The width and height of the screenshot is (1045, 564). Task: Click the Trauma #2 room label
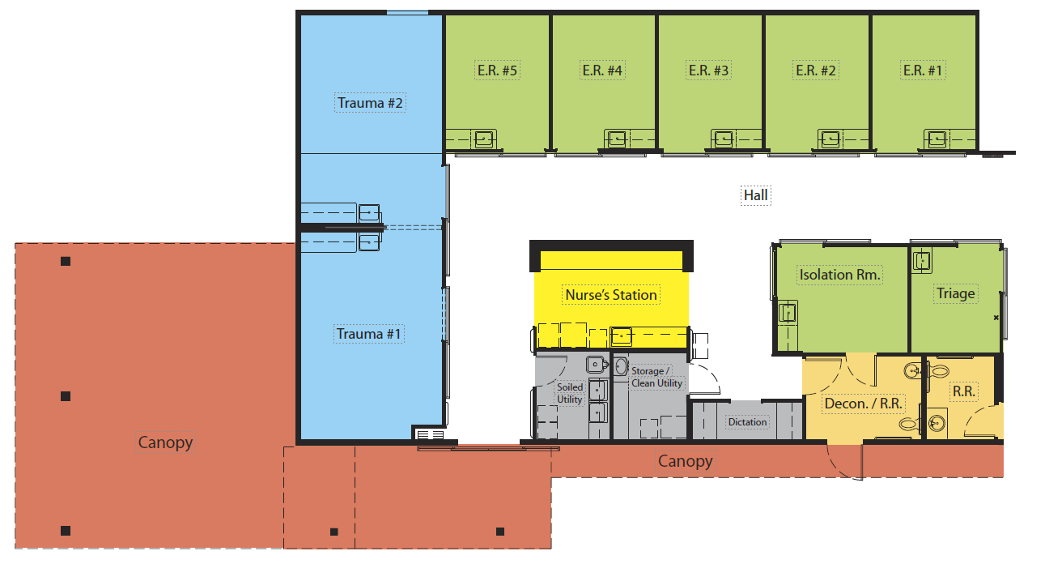tap(370, 103)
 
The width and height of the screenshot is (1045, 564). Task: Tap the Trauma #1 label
tap(368, 334)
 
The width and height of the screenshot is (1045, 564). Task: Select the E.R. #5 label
tap(497, 70)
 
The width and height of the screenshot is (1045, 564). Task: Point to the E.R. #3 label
tap(708, 70)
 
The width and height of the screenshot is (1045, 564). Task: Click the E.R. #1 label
tap(922, 70)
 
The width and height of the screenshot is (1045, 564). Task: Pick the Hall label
tap(755, 195)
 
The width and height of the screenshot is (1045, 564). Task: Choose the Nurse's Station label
tap(610, 295)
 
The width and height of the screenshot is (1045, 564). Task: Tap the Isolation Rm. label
tap(839, 275)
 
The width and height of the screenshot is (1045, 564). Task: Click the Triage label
tap(955, 293)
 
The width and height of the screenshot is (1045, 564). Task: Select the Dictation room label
tap(747, 422)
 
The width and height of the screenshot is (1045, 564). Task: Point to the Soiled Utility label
tap(570, 393)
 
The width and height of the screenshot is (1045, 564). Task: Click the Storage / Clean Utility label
tap(656, 378)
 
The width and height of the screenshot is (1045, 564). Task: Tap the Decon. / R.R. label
tap(863, 404)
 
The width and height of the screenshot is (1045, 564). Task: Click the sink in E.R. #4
tap(617, 139)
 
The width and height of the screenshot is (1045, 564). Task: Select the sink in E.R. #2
tap(830, 139)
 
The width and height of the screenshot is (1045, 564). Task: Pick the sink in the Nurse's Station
tap(622, 335)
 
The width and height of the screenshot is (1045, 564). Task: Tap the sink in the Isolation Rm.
tap(788, 312)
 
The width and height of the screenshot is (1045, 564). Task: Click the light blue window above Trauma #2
tap(407, 13)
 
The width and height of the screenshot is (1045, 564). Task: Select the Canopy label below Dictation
tap(686, 461)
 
